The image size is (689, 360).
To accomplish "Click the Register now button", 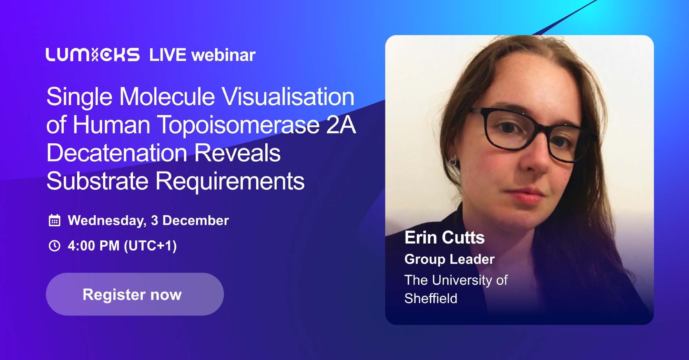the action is [x=135, y=294].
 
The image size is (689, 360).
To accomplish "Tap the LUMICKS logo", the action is [x=93, y=55].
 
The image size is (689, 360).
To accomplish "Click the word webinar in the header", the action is [x=224, y=55].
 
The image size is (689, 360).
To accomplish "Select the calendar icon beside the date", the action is [x=54, y=220].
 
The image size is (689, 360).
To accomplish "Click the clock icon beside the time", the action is [x=54, y=246].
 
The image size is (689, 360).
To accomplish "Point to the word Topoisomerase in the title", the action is [x=238, y=125].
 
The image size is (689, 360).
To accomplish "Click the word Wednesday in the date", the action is [x=107, y=221].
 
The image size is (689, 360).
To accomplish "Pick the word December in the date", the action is [x=196, y=220].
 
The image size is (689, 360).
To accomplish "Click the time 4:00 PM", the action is [x=94, y=246].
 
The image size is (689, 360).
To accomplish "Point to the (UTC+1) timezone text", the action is [x=150, y=246].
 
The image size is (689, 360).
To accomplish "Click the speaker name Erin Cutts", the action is [x=445, y=237].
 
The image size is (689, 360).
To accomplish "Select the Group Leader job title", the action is [x=450, y=259].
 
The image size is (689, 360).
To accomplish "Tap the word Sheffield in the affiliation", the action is [x=431, y=298].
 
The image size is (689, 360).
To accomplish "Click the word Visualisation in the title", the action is [x=288, y=96].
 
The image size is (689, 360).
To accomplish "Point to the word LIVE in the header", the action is [x=168, y=55].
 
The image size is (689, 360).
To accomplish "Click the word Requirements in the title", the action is [x=230, y=182].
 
